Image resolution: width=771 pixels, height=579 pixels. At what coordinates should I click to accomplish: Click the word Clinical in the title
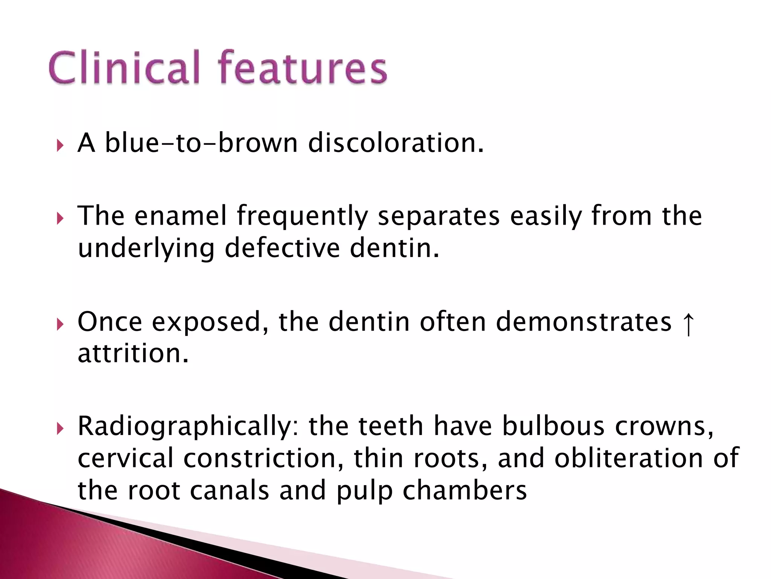[x=124, y=68]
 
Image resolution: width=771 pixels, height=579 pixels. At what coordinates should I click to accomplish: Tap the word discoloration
[x=395, y=143]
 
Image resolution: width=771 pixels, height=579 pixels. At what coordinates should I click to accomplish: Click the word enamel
[x=181, y=216]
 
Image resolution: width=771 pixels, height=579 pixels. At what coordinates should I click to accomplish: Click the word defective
[x=282, y=248]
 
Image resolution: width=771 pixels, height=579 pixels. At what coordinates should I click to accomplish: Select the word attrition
[x=133, y=354]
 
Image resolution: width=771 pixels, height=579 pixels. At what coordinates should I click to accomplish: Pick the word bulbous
[x=553, y=426]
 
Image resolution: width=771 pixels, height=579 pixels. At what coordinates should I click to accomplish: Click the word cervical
[x=126, y=458]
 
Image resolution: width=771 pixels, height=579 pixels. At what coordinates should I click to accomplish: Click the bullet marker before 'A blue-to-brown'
[x=60, y=145]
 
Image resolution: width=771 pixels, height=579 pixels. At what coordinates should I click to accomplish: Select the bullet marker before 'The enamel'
[x=60, y=218]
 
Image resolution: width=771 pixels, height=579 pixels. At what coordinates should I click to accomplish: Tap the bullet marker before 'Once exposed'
[x=60, y=324]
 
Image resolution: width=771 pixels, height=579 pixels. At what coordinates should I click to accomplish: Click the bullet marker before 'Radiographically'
[x=60, y=428]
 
